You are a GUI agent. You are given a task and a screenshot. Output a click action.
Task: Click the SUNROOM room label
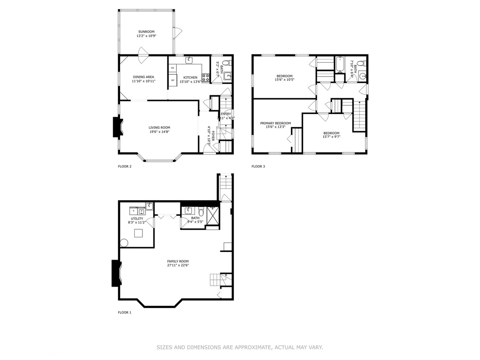tap(146, 32)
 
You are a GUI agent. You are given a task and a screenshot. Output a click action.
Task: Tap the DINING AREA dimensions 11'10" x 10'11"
tap(143, 81)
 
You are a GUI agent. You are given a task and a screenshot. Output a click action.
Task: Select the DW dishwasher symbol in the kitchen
tap(172, 68)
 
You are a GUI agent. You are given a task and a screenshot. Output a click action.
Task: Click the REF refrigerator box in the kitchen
tap(173, 80)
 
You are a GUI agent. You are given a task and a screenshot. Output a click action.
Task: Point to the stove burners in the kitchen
tap(205, 78)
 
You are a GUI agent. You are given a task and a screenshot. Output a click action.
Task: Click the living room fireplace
tap(115, 128)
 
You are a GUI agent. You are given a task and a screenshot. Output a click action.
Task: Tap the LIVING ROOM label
tap(159, 127)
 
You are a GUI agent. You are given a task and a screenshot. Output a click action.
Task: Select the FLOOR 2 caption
tap(124, 166)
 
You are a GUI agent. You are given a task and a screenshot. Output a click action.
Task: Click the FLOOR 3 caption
tap(258, 166)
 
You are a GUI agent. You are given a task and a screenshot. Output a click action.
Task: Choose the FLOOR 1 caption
tap(124, 312)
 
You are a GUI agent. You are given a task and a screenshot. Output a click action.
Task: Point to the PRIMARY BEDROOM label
tap(276, 123)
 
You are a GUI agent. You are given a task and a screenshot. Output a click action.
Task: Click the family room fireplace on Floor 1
tap(115, 273)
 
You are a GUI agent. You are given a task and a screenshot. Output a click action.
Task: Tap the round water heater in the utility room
tap(124, 243)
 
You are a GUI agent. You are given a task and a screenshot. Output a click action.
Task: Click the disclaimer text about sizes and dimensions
tap(240, 348)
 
